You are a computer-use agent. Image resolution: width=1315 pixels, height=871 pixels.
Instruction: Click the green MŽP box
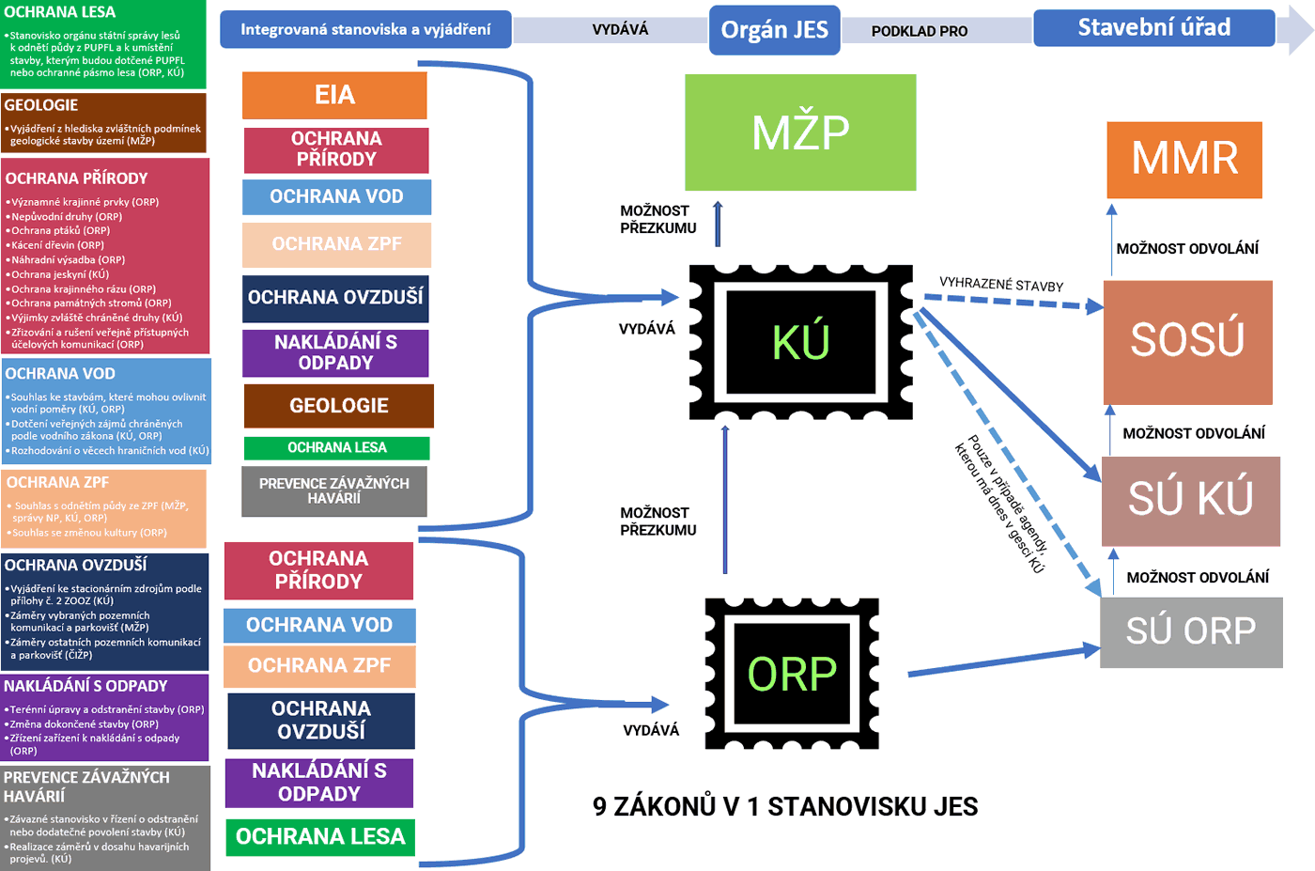coord(800,132)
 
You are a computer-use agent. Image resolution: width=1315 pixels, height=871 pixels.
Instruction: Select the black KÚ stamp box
coord(801,341)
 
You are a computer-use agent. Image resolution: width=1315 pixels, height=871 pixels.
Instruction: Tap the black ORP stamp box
coord(792,674)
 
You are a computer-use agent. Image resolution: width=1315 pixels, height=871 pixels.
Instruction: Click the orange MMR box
coord(1184,159)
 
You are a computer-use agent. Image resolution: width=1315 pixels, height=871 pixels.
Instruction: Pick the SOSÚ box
coord(1187,341)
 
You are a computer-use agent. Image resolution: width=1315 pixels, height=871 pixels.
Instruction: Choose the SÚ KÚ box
coord(1190,500)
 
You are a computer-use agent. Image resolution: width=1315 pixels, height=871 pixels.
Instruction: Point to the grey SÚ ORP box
coord(1191,630)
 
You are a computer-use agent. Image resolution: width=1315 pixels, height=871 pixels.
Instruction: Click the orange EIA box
coord(334,95)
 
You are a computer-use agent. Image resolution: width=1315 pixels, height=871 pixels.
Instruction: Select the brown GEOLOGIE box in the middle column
coord(338,406)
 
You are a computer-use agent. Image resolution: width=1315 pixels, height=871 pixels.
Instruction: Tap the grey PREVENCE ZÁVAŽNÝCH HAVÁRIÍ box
coord(334,490)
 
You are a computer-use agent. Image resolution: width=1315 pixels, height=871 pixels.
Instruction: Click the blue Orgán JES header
coord(774,30)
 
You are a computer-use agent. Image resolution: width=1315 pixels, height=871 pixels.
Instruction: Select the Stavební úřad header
coord(1153,28)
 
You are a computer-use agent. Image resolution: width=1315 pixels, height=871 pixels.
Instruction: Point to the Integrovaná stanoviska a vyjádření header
coord(365,29)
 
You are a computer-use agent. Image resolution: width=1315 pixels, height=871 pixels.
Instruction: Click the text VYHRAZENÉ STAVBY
coord(1001,285)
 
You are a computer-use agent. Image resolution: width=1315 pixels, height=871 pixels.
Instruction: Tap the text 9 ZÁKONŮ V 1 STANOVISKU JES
coord(785,806)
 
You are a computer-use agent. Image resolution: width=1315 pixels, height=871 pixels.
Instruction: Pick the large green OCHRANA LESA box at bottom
coord(320,836)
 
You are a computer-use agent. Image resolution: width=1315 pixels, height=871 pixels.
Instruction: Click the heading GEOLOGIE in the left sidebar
coord(41,105)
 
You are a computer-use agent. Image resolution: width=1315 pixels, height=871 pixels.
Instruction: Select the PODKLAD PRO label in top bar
coord(919,31)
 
